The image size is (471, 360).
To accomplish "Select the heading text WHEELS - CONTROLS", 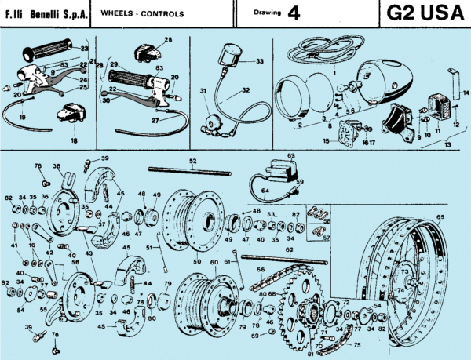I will [x=143, y=14].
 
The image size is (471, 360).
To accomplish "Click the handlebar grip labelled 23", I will [x=48, y=53].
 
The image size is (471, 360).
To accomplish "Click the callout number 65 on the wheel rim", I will [x=440, y=216].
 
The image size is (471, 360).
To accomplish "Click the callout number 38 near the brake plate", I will [x=57, y=167].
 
